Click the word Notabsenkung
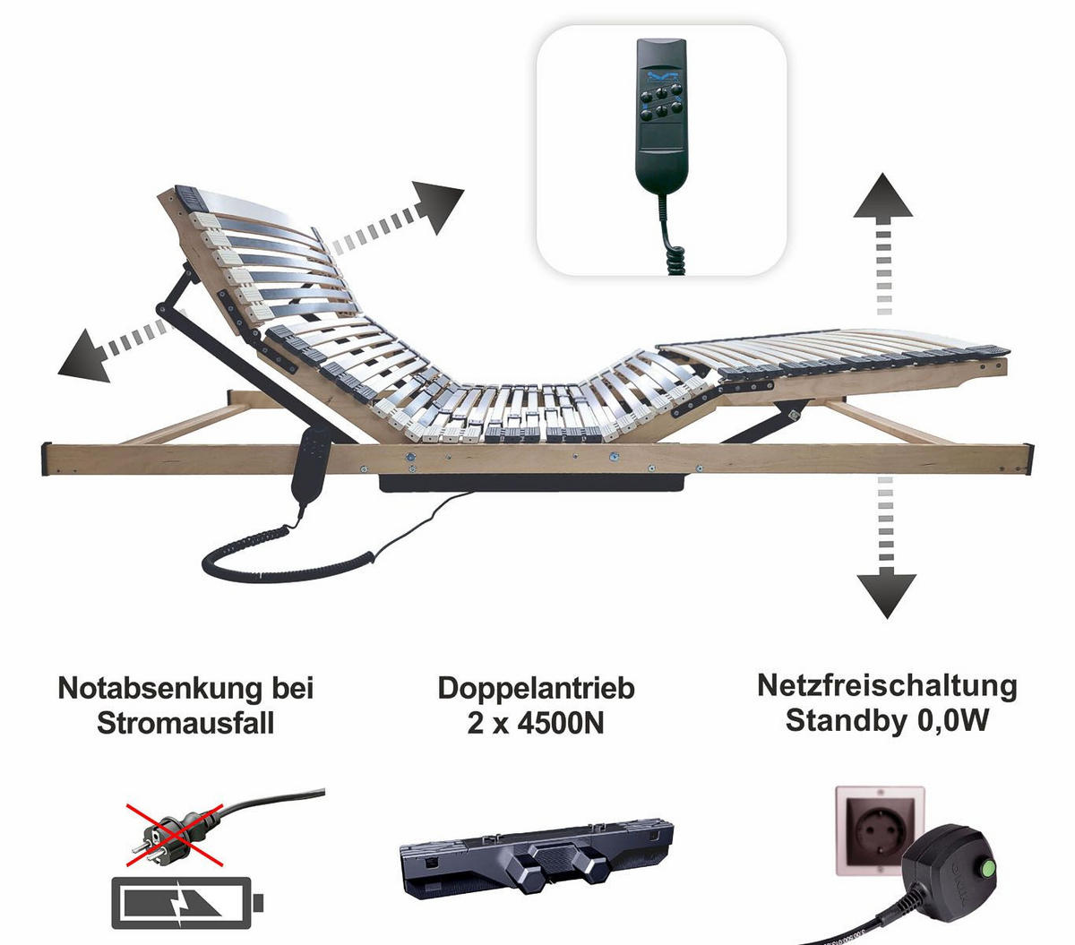pyautogui.click(x=159, y=688)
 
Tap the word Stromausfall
pyautogui.click(x=185, y=723)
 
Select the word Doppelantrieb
pyautogui.click(x=536, y=689)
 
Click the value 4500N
pyautogui.click(x=561, y=723)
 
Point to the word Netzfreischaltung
pyautogui.click(x=887, y=686)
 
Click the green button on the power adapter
pyautogui.click(x=986, y=869)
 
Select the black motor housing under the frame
pyautogui.click(x=532, y=482)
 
